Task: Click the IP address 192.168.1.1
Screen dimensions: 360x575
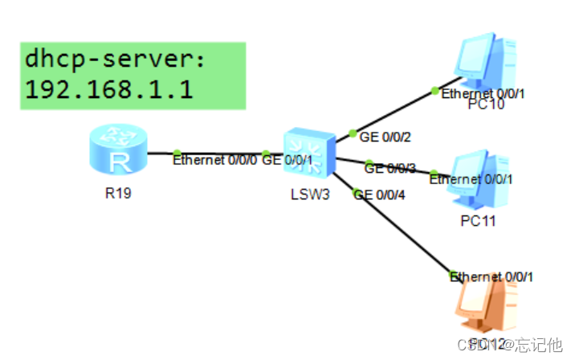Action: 108,88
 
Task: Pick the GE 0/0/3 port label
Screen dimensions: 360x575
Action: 390,168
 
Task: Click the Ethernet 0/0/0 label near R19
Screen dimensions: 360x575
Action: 215,160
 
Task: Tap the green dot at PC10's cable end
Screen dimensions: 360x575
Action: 434,90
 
